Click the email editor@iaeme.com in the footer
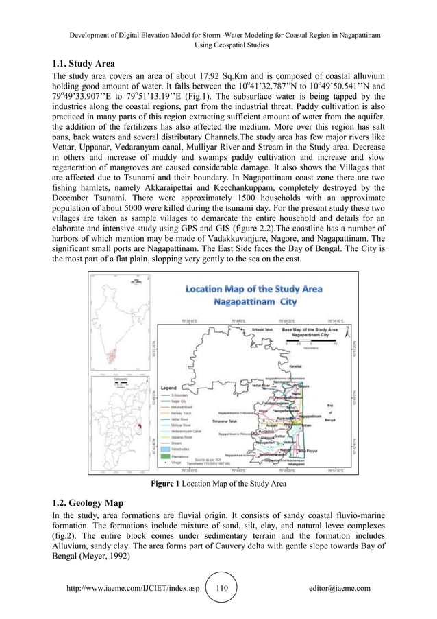point(340,588)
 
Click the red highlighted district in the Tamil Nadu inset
point(139,426)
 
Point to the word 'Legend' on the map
point(170,387)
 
